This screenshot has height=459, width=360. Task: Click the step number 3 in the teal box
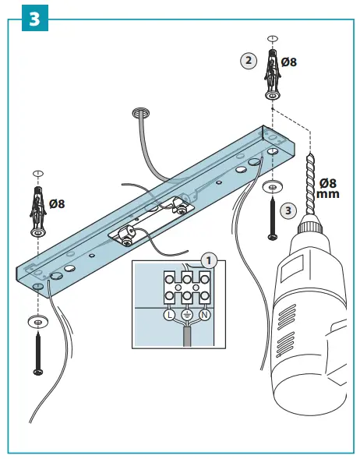[x=33, y=19]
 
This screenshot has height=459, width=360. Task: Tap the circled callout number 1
[x=207, y=260]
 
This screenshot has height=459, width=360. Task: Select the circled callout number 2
[x=247, y=60]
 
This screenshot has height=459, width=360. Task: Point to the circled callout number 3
[x=288, y=210]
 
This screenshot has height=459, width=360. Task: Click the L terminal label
[x=168, y=316]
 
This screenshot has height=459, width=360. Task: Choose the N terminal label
[x=205, y=316]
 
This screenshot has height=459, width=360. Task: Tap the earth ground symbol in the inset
[x=186, y=316]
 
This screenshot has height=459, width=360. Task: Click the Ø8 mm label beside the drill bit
[x=328, y=187]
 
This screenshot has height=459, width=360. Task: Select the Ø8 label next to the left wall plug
[x=57, y=204]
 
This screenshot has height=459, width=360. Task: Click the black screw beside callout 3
[x=272, y=217]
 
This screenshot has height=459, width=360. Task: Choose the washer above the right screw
[x=272, y=186]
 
